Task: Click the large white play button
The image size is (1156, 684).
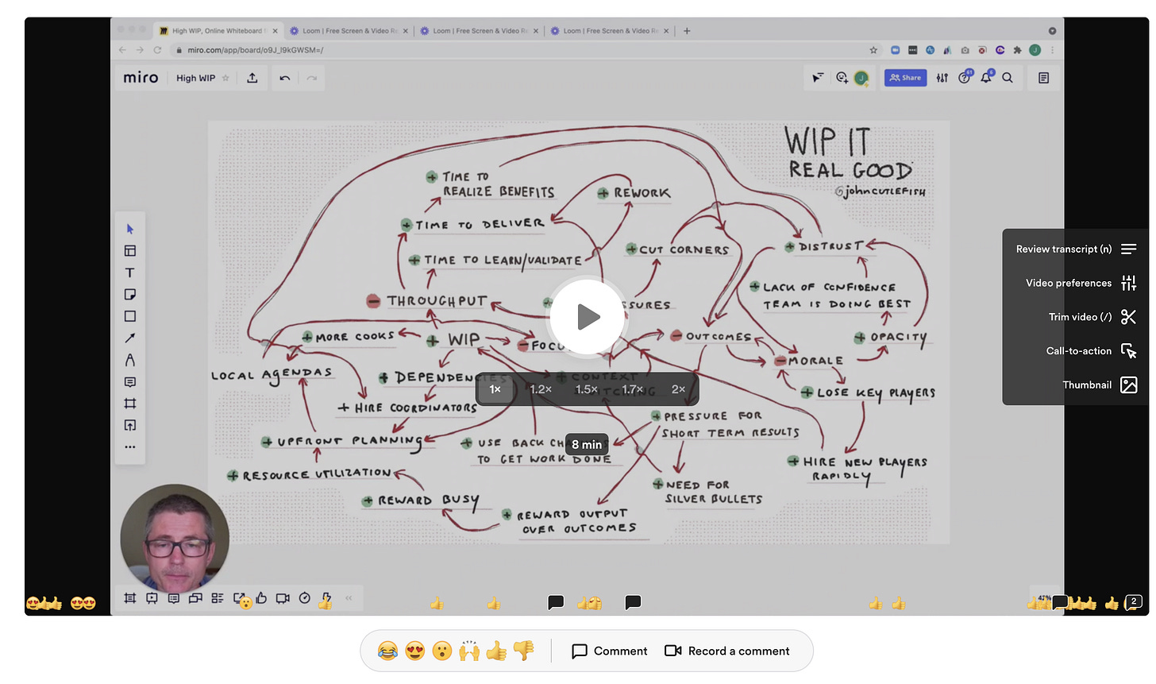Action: pos(588,317)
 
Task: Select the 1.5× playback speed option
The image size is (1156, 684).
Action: pos(586,389)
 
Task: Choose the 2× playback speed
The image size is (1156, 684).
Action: pos(678,389)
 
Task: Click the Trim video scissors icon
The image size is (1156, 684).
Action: pos(1128,317)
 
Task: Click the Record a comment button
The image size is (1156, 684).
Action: pos(727,651)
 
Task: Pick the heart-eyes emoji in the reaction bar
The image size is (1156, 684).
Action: pos(415,651)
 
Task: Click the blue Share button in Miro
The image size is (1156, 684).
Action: pos(905,78)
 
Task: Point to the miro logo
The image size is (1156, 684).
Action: pos(141,78)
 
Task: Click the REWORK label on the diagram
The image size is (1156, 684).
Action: pos(642,193)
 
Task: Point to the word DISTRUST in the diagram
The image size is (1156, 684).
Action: pos(830,247)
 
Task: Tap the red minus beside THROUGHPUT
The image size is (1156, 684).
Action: pos(373,301)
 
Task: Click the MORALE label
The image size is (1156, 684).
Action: pos(815,361)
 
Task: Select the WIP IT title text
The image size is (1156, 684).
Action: pos(827,143)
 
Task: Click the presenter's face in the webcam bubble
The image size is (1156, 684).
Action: pos(176,543)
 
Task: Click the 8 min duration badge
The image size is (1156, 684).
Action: pos(587,445)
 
